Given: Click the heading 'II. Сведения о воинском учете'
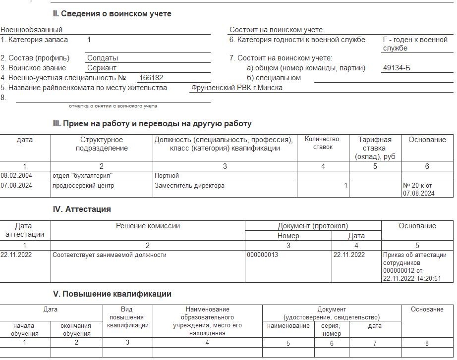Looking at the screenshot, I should coord(112,14).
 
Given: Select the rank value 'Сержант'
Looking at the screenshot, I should coord(102,68).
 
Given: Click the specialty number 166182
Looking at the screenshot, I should coord(151,78).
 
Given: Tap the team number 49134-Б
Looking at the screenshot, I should coord(397,68).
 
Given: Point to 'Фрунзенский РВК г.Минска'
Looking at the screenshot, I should coord(237,88).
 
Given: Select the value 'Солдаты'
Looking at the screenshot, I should coord(103,58).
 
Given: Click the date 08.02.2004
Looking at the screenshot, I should coord(16,176).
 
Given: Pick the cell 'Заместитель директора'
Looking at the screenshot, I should coord(189,186).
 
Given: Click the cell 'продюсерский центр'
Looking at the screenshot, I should coord(83,186).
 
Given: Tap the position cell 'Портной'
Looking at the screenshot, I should coord(167,176).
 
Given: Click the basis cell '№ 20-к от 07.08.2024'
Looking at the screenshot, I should coord(419,190).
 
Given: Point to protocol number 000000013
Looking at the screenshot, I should coord(262,255).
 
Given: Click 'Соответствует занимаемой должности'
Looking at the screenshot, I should coord(110,255).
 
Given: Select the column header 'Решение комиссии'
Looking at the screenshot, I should coord(148,226).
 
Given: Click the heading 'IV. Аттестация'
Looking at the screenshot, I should coord(82,209).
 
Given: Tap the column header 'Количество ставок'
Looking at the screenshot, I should coord(322,143).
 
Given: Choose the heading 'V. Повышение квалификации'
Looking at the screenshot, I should coord(112,294).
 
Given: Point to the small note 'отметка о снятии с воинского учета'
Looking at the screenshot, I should coord(113,106).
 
